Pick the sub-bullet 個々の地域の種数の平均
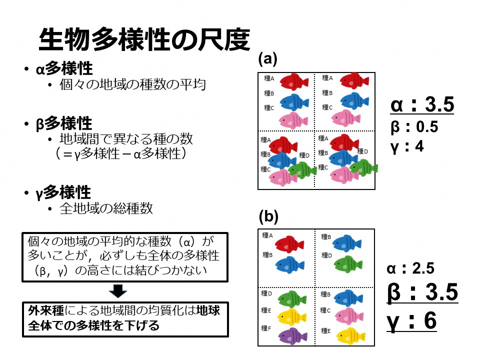pos(132,85)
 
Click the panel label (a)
pos(267,58)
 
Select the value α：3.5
pos(422,105)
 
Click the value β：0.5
pos(414,127)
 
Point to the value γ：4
pos(407,146)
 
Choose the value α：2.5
pos(411,269)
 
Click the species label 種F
pos(266,328)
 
